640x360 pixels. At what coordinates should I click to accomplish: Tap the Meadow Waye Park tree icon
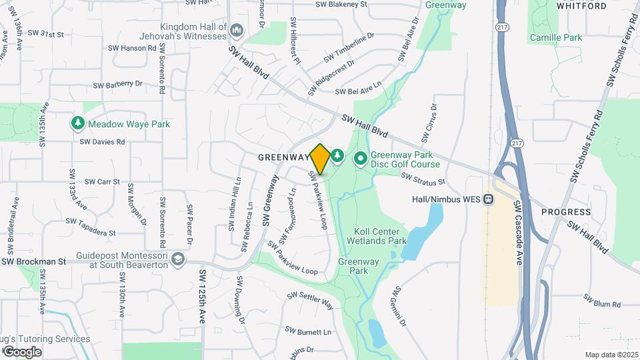78,123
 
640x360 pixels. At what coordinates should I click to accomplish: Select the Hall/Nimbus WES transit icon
489,199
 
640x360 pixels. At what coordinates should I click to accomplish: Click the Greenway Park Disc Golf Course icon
361,159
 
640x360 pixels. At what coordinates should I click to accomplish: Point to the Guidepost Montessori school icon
178,259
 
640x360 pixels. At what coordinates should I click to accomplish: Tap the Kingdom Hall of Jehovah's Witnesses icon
235,30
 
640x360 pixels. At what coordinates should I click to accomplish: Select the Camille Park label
556,38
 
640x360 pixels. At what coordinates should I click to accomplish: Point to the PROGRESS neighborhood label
566,212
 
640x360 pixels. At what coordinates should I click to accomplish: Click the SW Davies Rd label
102,141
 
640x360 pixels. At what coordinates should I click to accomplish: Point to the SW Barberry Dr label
118,85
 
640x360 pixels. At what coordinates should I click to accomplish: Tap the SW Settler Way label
310,301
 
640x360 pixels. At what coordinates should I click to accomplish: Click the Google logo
21,351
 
